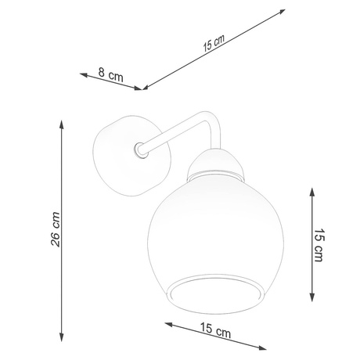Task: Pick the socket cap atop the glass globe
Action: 212,164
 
